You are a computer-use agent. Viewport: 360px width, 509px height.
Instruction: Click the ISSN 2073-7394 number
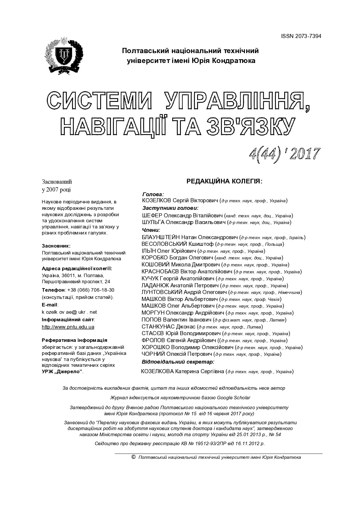click(x=301, y=36)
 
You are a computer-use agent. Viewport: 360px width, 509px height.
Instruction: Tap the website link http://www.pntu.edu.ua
click(x=68, y=327)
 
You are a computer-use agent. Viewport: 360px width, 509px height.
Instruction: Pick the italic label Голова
click(x=153, y=194)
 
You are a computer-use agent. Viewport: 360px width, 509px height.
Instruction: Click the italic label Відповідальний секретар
click(x=178, y=362)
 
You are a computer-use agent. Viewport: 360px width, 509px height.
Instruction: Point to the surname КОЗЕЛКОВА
click(x=157, y=371)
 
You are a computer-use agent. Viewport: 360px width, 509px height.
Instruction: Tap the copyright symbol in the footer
click(x=134, y=457)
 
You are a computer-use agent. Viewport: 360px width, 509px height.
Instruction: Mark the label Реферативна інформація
click(x=75, y=340)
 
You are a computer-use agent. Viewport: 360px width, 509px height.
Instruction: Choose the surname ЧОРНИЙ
click(x=153, y=354)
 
